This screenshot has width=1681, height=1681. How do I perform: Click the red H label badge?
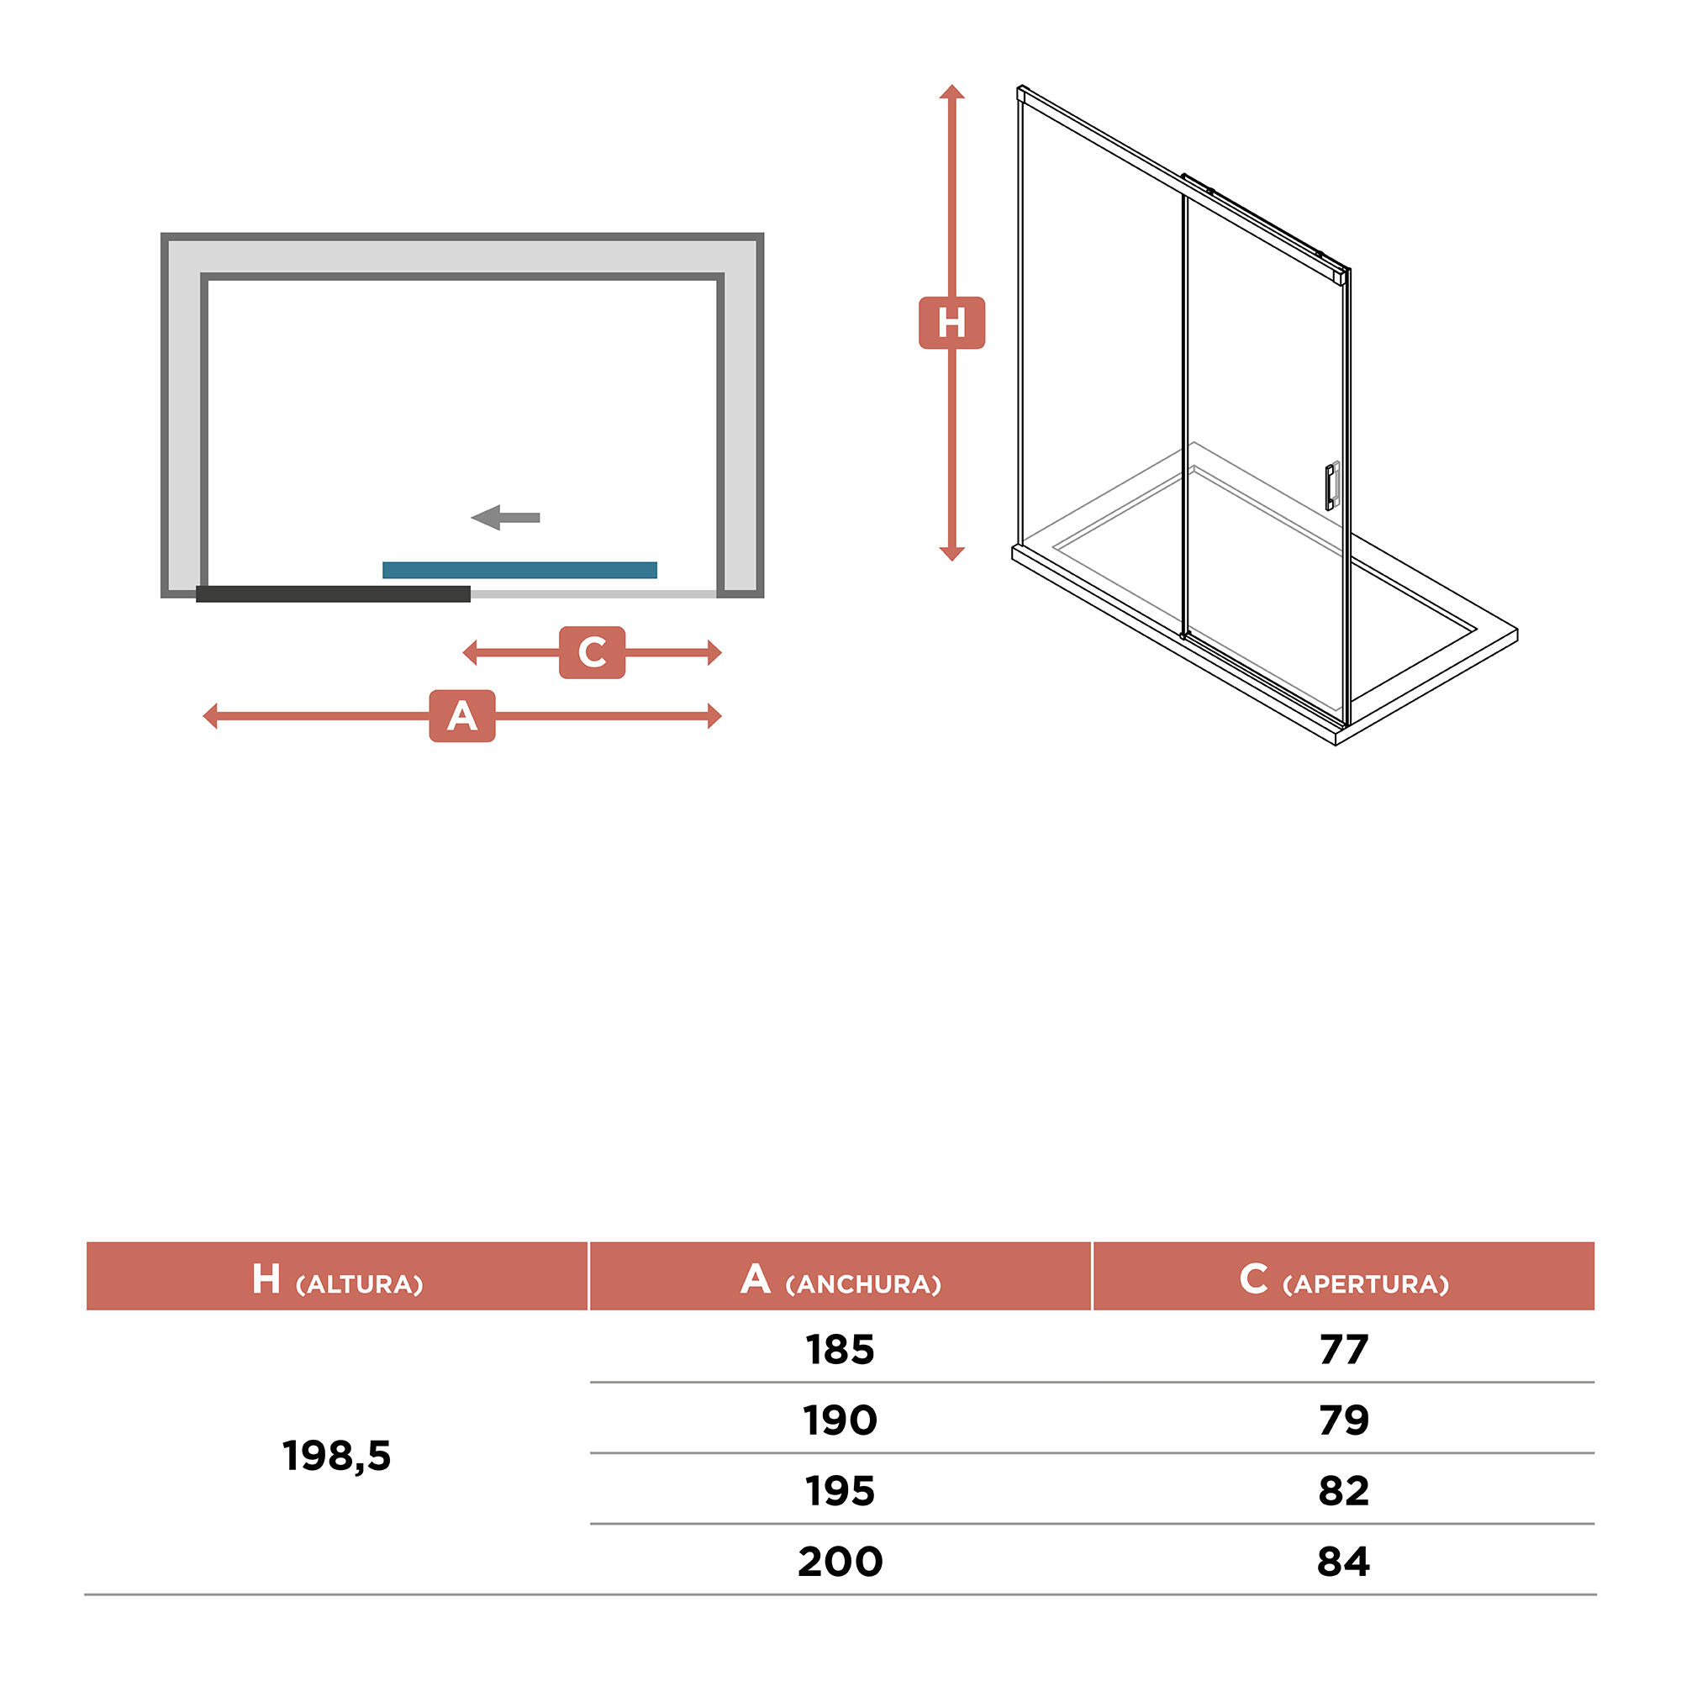952,323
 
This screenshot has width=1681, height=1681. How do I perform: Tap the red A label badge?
462,716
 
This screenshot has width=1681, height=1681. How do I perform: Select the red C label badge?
593,651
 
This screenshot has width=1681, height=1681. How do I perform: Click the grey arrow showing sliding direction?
505,518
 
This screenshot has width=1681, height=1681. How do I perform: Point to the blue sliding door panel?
519,570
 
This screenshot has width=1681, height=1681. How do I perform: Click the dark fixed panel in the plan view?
333,594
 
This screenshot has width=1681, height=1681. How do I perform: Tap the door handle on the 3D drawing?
1332,486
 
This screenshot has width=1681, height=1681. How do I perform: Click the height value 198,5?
337,1456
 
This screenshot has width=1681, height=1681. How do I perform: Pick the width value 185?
840,1350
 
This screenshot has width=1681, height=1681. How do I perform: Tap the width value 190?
840,1420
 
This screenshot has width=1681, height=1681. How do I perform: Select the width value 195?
840,1490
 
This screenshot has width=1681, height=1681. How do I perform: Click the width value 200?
840,1561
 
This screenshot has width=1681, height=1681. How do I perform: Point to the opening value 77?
1343,1350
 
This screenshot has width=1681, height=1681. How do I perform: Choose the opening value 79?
1343,1420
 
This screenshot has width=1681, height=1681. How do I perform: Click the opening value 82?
1343,1490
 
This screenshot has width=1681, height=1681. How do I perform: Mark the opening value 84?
1343,1561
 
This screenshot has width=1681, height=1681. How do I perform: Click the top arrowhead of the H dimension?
952,92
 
